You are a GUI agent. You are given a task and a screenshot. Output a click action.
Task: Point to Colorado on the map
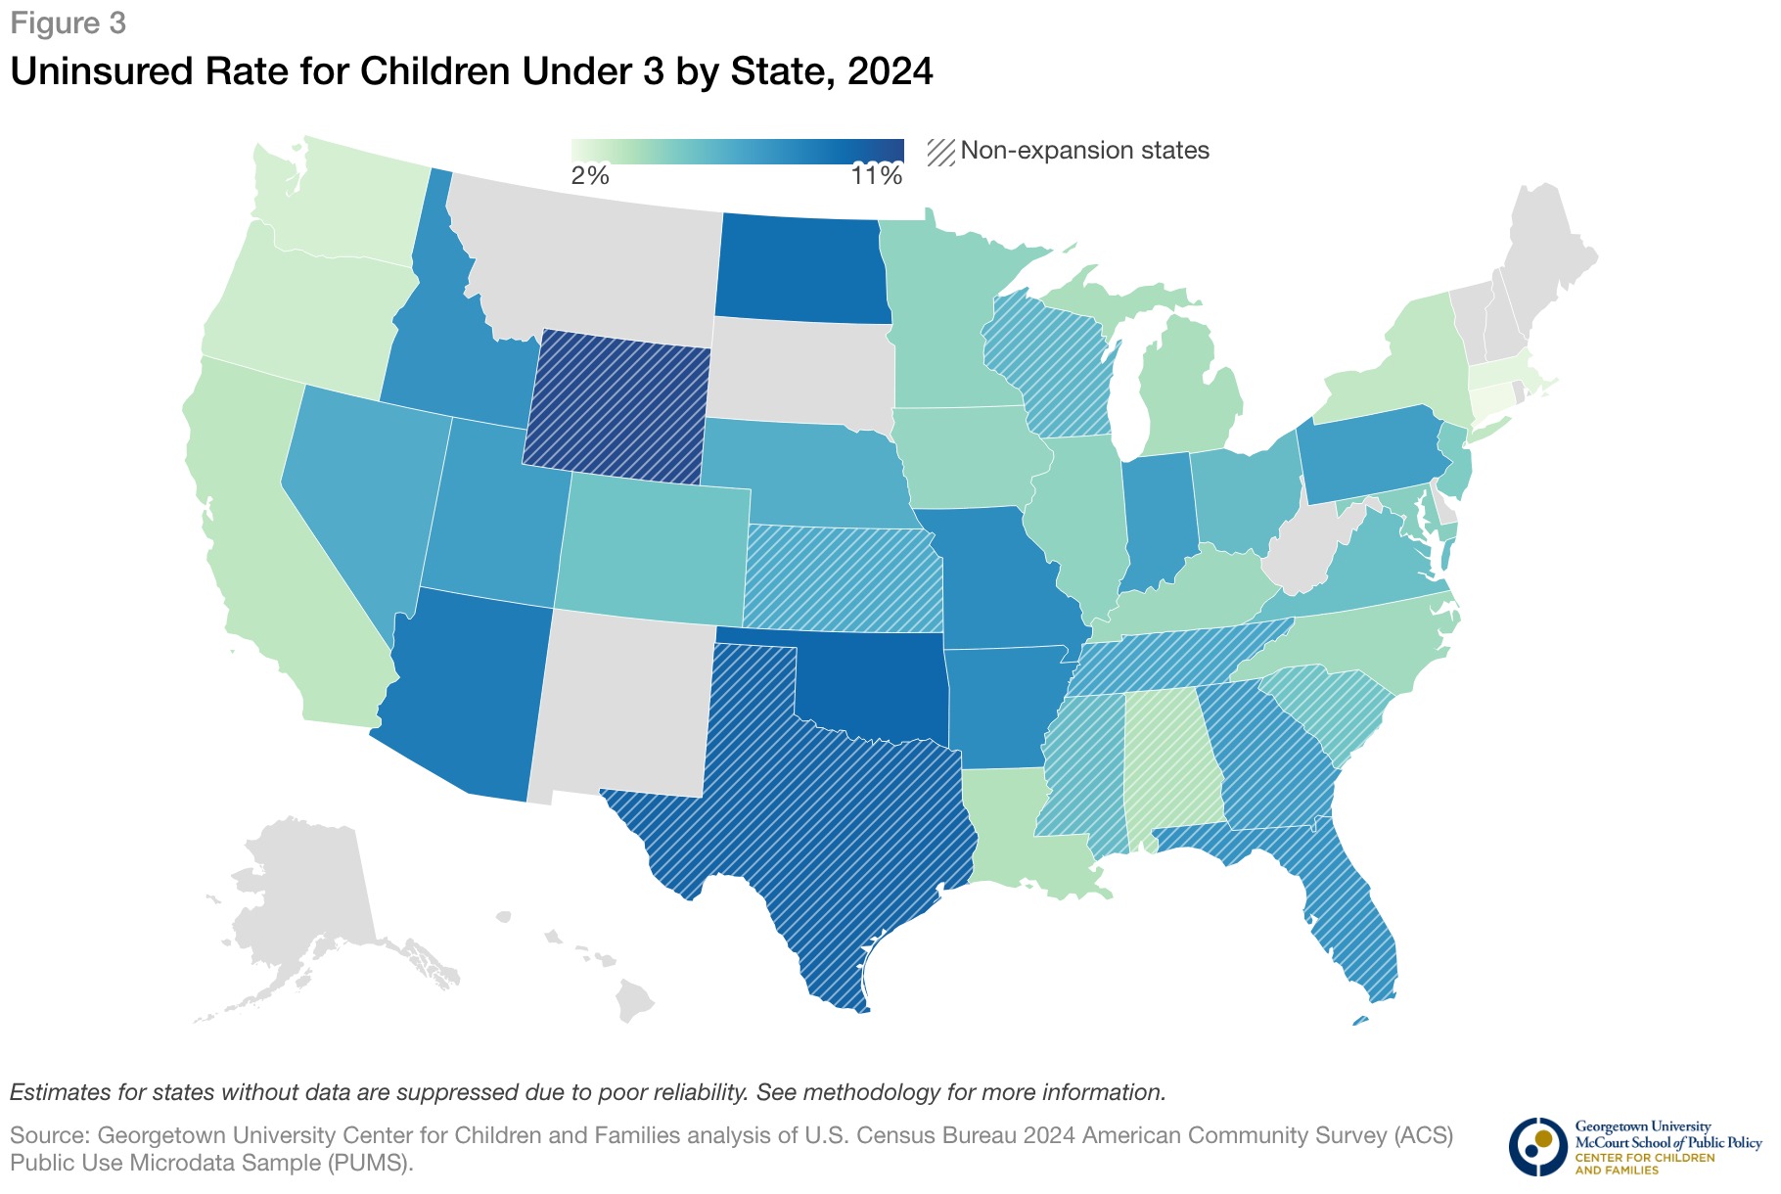pyautogui.click(x=654, y=548)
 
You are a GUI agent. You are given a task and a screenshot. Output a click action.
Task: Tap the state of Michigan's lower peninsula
pyautogui.click(x=1189, y=391)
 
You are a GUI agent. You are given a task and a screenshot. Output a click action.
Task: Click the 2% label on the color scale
pyautogui.click(x=590, y=176)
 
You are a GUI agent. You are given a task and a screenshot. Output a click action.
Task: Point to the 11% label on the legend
pyautogui.click(x=876, y=176)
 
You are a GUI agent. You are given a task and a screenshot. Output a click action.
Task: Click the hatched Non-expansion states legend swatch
pyautogui.click(x=941, y=151)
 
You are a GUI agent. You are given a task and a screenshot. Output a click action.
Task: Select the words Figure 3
pyautogui.click(x=68, y=23)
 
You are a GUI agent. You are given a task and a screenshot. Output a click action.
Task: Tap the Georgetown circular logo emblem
pyautogui.click(x=1537, y=1146)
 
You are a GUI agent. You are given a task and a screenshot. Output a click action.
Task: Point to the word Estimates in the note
pyautogui.click(x=57, y=1092)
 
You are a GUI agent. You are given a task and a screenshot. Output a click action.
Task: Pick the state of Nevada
pyautogui.click(x=367, y=489)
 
